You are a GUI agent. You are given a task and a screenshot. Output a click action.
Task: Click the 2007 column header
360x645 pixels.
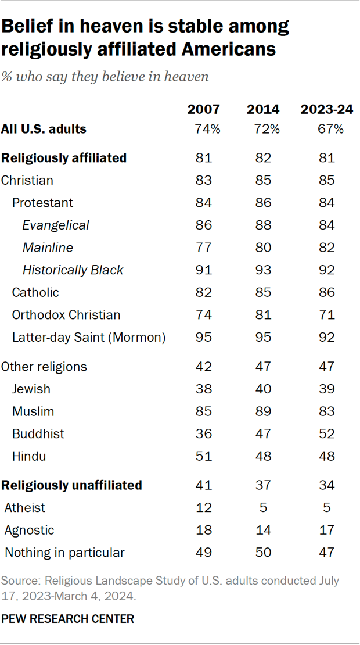203,109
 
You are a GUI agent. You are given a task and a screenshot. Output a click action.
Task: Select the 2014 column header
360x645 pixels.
263,109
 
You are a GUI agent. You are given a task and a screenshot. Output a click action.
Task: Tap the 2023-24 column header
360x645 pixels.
326,109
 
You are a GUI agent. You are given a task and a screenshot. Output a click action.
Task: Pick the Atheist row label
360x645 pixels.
24,507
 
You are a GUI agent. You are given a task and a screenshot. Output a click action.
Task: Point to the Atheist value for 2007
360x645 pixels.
203,507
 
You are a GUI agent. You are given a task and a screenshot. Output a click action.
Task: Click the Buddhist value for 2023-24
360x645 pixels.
326,433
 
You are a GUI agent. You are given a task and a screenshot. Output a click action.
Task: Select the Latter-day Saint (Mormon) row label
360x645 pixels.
89,338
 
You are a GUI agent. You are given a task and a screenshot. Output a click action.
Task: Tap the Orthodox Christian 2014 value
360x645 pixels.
263,315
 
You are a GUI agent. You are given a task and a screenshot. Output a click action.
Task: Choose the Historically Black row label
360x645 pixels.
73,270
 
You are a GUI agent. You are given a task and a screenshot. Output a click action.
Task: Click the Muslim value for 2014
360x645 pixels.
263,411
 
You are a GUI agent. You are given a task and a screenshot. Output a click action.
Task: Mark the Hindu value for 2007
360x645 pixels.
203,456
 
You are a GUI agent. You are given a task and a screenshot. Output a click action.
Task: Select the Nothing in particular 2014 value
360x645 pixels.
263,552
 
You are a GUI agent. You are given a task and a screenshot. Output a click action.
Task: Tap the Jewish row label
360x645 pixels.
31,389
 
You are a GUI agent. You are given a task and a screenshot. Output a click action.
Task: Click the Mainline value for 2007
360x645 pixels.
203,248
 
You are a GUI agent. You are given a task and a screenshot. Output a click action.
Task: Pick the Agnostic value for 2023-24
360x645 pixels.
326,530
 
